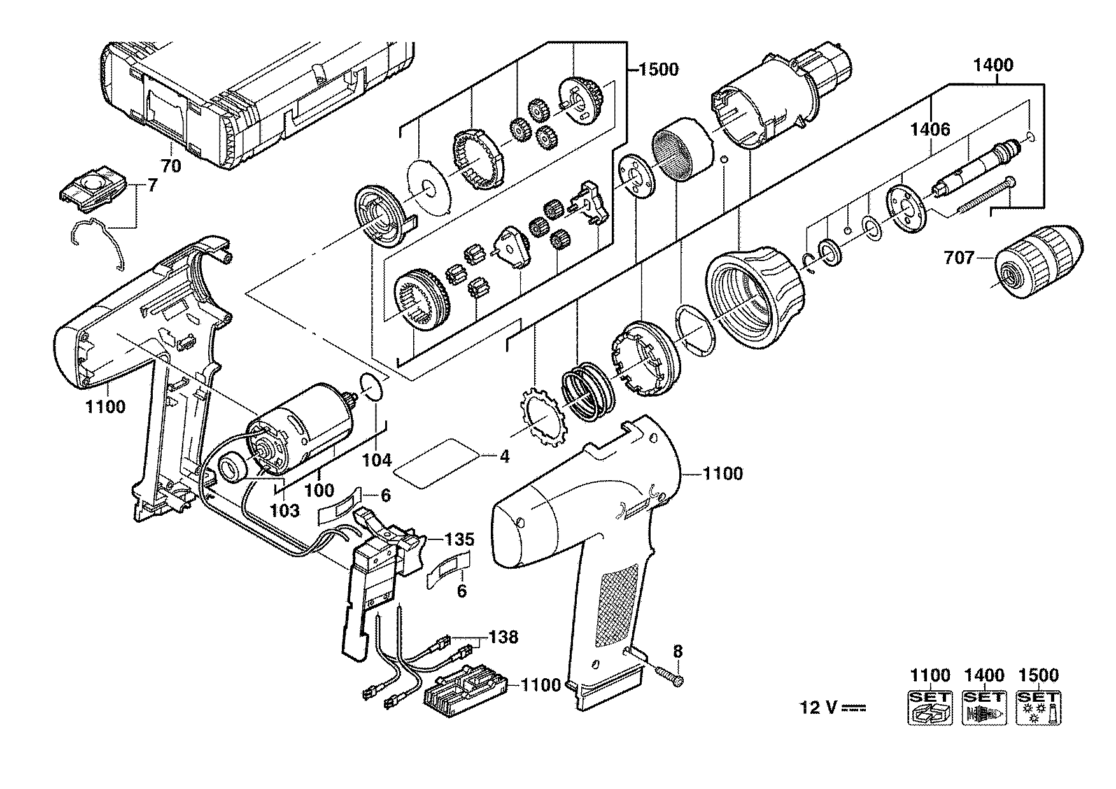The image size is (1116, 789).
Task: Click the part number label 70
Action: (171, 167)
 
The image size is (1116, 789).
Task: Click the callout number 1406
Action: (930, 130)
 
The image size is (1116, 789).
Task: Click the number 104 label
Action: (378, 460)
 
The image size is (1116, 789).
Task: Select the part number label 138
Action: (503, 636)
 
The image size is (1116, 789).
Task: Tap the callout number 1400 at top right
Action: (993, 65)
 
